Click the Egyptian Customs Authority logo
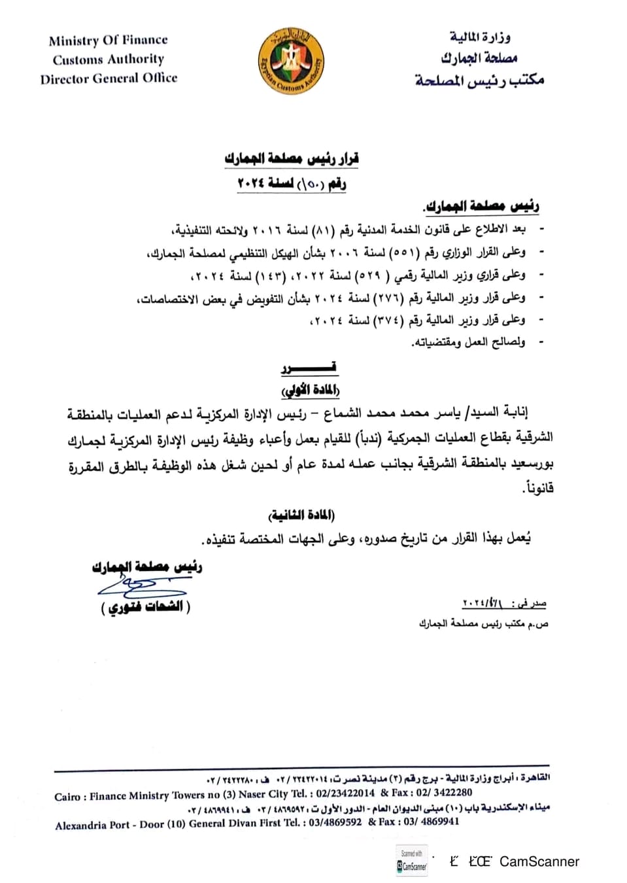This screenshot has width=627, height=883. (x=290, y=62)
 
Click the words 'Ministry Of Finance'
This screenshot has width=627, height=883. (x=108, y=41)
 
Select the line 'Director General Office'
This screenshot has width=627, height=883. (x=109, y=78)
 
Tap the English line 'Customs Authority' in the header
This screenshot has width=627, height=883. (x=109, y=60)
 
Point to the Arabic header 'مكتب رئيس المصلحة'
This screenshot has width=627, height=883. (x=479, y=80)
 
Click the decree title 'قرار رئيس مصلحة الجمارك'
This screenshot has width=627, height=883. (x=292, y=159)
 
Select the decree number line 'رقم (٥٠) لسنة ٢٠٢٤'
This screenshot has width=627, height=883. (x=292, y=184)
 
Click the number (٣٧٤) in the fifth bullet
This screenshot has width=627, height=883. (x=387, y=320)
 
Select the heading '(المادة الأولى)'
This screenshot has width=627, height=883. (x=310, y=390)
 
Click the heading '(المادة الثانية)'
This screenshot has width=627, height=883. (x=302, y=515)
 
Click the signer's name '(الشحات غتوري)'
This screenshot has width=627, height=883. (x=146, y=607)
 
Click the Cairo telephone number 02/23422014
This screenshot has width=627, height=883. (x=343, y=793)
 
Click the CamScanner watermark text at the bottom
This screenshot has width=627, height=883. (x=539, y=861)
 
